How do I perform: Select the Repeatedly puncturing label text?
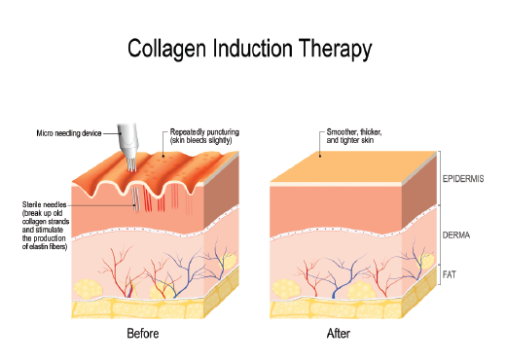(x=203, y=135)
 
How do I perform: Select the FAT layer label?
(x=452, y=275)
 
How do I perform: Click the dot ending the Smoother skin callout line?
(x=320, y=156)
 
